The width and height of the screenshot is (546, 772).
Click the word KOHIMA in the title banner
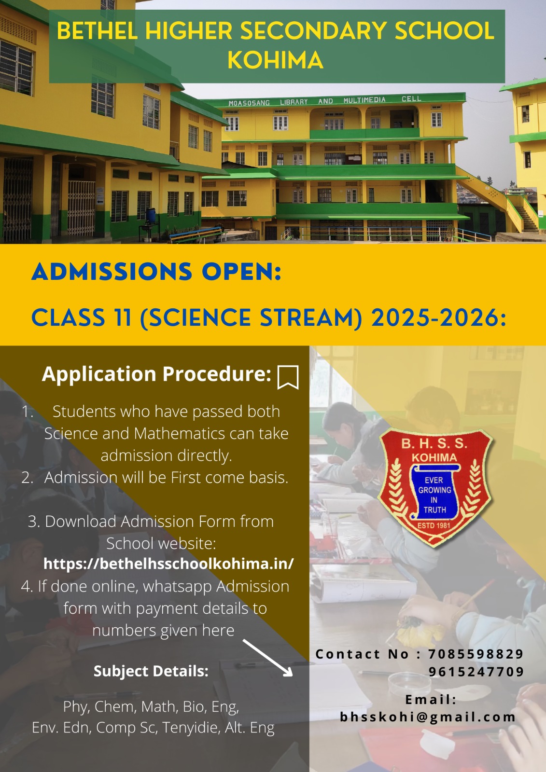coord(275,61)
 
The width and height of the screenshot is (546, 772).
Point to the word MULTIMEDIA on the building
coord(364,100)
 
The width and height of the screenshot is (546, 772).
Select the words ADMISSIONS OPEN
coord(156,272)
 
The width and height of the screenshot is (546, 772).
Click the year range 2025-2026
coord(438,317)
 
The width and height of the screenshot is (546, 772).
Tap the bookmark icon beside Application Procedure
coord(288,377)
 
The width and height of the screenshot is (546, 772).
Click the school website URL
coord(168,564)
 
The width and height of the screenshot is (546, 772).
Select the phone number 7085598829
coord(476,654)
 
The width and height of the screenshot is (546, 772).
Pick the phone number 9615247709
coord(476,671)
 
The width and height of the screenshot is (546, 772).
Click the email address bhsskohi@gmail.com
coord(428,717)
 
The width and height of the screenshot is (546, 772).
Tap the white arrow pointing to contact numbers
coord(267,658)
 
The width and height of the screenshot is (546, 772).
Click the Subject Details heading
coord(151,671)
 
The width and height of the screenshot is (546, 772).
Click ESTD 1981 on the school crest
coord(434,525)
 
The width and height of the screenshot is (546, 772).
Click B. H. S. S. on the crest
coord(434,443)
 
